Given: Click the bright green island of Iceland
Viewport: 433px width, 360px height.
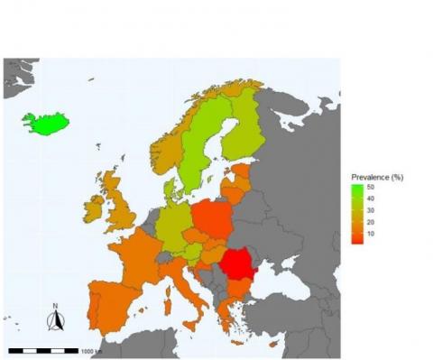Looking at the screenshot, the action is point(47,122).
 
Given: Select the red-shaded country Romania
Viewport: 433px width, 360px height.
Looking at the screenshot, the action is point(237,263).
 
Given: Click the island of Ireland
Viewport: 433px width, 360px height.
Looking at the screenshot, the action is point(94,209).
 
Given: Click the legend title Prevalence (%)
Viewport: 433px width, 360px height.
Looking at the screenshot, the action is point(376,176).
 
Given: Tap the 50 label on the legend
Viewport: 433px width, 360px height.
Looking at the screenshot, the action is point(370,187).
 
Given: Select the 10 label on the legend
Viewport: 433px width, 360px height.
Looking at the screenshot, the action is point(370,234).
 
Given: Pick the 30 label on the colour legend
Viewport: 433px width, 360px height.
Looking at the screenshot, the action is point(370,210).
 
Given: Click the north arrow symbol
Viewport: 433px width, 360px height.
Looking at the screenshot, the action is point(56,318).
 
